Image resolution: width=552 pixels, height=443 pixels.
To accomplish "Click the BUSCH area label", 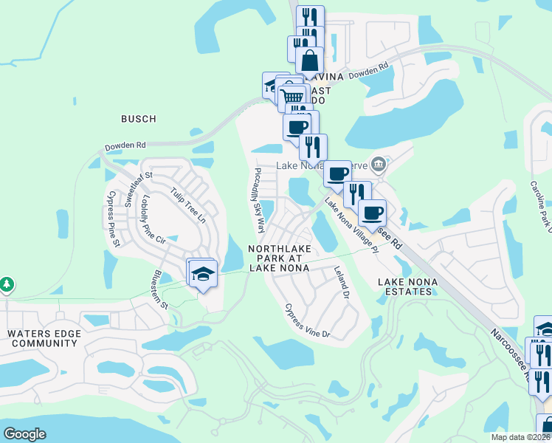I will [x=139, y=119].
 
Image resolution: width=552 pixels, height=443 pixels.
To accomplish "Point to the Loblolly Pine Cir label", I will [x=151, y=219].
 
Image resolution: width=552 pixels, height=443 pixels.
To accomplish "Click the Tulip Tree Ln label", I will [x=187, y=205].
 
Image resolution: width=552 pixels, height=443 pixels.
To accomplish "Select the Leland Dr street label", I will [x=340, y=282].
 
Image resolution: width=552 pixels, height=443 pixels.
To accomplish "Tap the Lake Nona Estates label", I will [x=404, y=286].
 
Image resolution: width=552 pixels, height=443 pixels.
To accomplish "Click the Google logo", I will [x=25, y=434].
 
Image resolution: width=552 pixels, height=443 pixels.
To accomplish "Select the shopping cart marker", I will [x=293, y=96].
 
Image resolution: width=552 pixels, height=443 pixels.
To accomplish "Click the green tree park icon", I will [x=7, y=284].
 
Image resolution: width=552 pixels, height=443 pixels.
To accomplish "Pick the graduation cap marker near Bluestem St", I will [x=202, y=272].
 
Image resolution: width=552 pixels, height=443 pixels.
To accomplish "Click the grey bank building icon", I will [x=379, y=163].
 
